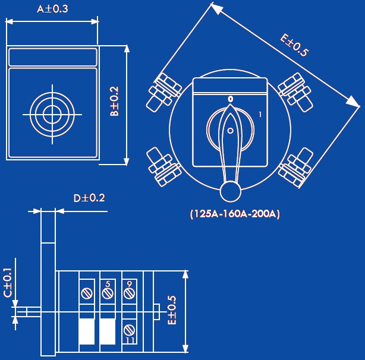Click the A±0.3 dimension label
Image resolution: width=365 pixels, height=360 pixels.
[x=52, y=9]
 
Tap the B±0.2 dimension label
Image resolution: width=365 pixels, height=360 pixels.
[x=114, y=101]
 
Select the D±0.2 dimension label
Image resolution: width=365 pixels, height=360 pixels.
[x=89, y=198]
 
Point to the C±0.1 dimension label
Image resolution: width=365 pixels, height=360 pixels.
[x=8, y=283]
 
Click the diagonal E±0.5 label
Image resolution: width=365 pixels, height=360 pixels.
[x=294, y=45]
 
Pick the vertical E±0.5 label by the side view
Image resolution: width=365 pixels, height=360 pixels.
[x=172, y=310]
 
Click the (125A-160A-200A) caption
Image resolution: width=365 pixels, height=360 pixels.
[x=235, y=214]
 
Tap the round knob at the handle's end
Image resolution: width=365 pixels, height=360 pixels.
[x=230, y=192]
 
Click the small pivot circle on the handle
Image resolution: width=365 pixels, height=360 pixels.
[x=230, y=131]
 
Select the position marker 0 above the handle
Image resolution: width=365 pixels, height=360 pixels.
[x=230, y=99]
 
